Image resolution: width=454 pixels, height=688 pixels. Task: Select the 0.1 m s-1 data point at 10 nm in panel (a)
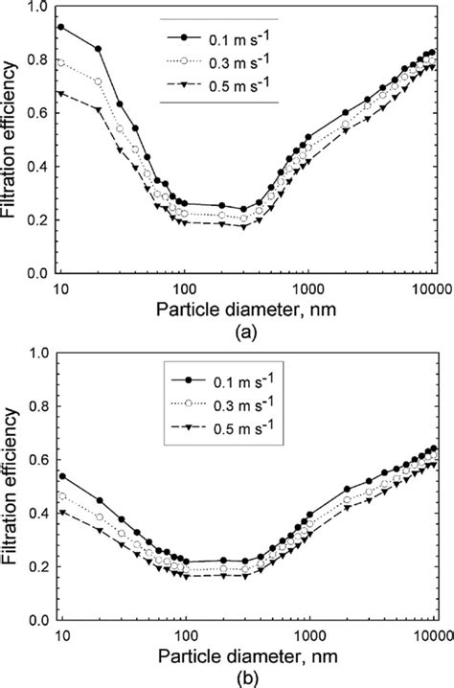point(61,28)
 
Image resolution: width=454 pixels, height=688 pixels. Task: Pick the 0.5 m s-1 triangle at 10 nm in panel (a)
point(61,94)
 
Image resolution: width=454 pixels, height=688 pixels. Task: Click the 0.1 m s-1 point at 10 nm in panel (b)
point(61,475)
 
